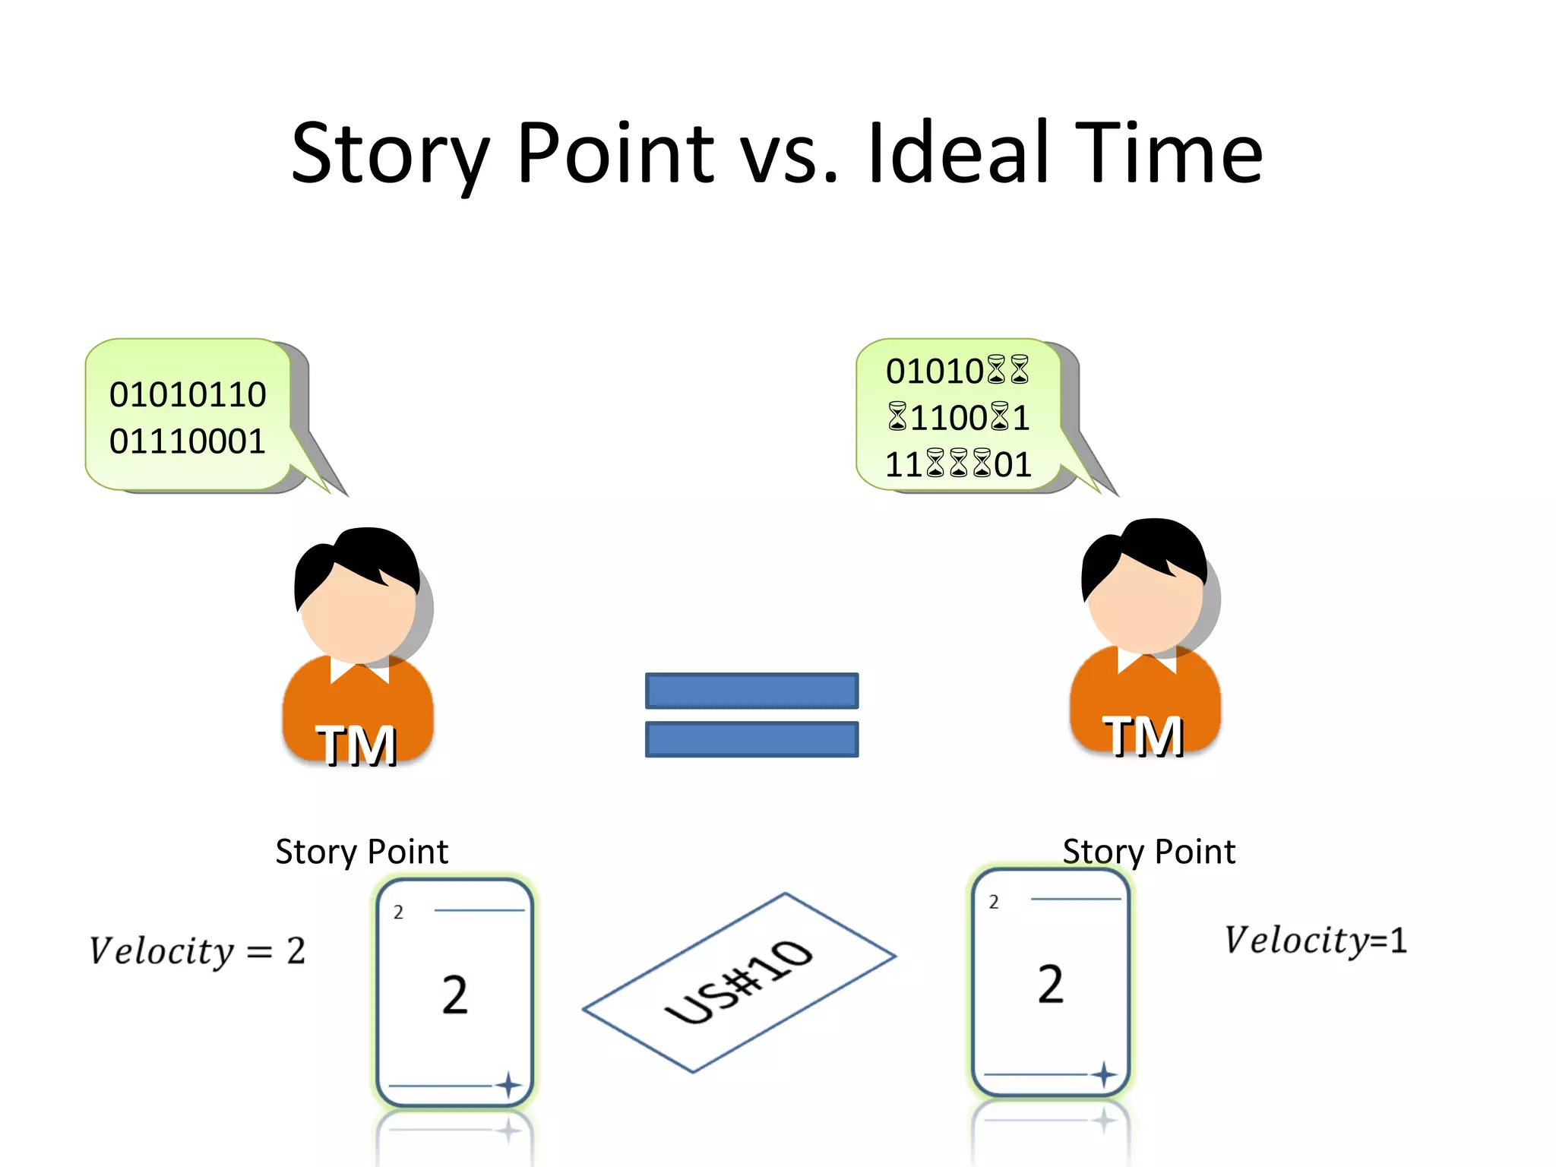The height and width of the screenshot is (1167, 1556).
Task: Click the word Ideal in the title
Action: point(959,154)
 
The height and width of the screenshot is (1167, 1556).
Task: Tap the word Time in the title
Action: point(1168,154)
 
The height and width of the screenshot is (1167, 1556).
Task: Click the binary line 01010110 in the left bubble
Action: point(188,394)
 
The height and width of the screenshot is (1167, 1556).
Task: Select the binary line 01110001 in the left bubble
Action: point(188,441)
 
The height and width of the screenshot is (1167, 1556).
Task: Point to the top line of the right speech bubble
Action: point(957,371)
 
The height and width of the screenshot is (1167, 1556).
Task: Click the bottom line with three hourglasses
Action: point(958,464)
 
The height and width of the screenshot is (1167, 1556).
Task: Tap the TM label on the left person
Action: point(356,745)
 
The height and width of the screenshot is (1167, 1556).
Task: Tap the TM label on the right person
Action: point(1143,736)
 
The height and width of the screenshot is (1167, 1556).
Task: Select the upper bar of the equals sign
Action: point(751,691)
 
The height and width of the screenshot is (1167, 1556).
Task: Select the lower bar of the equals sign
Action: point(751,739)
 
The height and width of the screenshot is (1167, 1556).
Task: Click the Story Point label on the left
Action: point(362,852)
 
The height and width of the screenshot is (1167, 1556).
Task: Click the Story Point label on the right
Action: point(1149,852)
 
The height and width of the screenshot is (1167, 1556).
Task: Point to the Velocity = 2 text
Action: point(198,951)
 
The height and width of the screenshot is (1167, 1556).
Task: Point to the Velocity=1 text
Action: point(1315,941)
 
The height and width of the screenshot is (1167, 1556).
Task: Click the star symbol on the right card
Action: point(1104,1074)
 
